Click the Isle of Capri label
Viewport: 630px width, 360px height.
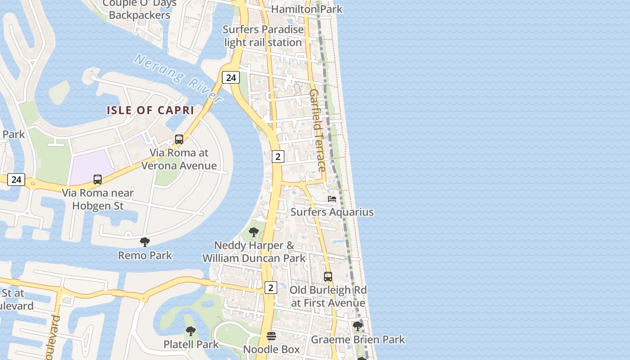(150, 110)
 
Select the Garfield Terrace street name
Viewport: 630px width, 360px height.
(317, 130)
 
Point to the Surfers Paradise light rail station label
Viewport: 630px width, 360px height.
(263, 36)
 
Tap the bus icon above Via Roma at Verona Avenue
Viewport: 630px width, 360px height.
(179, 139)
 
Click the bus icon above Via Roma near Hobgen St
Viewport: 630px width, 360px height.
(98, 180)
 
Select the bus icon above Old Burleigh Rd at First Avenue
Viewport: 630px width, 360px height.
(328, 277)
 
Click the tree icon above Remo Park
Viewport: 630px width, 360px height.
(145, 242)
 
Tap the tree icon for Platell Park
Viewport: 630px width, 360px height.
(191, 332)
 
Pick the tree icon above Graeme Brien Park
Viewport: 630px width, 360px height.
(358, 326)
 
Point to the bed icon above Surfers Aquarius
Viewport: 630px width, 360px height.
(332, 199)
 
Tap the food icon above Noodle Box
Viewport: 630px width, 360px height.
(271, 336)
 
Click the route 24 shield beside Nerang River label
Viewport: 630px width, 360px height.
(231, 78)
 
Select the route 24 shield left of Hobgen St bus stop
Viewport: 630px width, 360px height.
(16, 180)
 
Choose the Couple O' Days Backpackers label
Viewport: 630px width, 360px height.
(139, 9)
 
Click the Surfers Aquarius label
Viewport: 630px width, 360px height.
(332, 212)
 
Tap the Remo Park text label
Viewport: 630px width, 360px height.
(145, 256)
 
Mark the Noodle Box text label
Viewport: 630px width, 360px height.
(271, 349)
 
